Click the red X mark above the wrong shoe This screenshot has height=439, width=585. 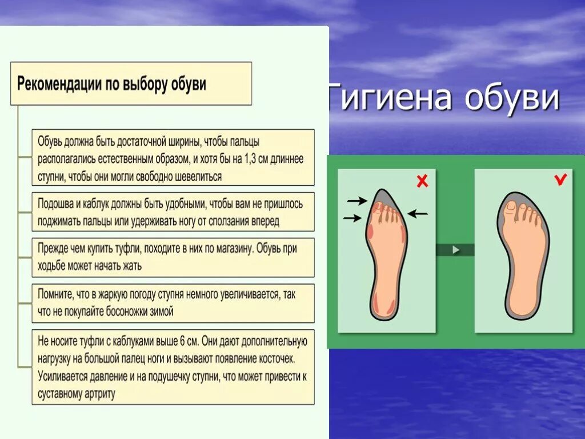coord(422,182)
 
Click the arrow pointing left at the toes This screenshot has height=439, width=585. coord(418,214)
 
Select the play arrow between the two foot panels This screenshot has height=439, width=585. coord(455,250)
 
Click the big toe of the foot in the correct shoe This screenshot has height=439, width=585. coord(511,207)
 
